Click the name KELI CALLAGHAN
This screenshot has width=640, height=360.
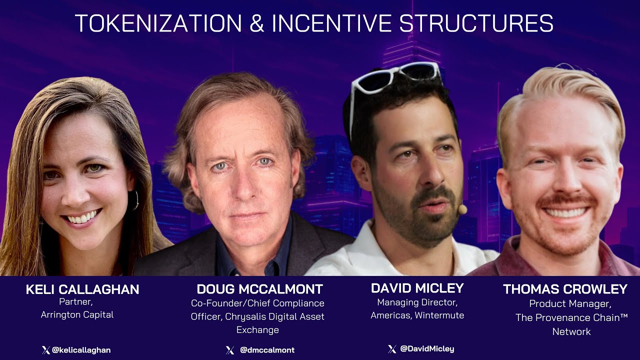pos(82,289)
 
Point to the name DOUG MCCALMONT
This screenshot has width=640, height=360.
pos(259,289)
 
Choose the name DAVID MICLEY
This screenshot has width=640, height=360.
pos(417,288)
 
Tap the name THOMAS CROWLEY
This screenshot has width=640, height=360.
pos(565,289)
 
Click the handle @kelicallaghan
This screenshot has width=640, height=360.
pos(81,350)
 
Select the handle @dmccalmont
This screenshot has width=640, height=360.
pos(267,350)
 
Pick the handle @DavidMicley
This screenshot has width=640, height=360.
pos(427,348)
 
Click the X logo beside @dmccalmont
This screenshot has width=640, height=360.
pos(230,350)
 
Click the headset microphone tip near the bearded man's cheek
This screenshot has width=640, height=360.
pos(462,209)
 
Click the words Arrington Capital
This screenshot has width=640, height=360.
pos(77,315)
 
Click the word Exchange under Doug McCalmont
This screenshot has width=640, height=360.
pos(257,330)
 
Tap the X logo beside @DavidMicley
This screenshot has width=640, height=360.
pos(392,348)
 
